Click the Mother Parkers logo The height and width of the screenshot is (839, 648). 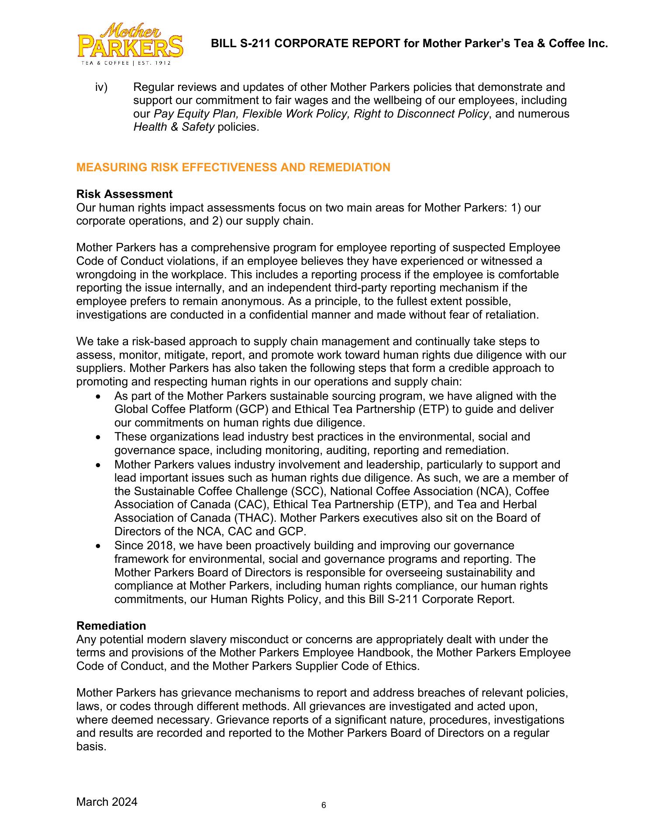click(130, 42)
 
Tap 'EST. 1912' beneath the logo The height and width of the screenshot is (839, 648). click(155, 63)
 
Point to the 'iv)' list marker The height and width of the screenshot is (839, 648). click(101, 87)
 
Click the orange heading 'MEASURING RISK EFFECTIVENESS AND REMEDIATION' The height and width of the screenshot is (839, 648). click(233, 167)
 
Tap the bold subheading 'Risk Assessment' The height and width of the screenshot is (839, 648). click(124, 194)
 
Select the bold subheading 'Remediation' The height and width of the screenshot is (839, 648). click(111, 626)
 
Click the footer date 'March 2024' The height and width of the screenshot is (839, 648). click(107, 802)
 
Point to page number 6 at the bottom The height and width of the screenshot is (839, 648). click(324, 805)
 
